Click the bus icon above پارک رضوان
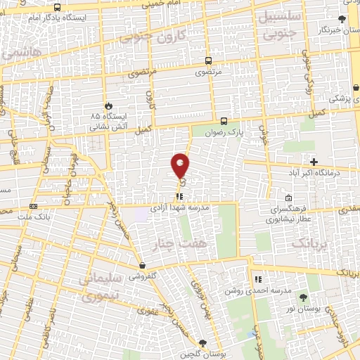[x=224, y=120]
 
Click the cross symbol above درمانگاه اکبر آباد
[x=314, y=162]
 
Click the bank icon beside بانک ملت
[x=33, y=206]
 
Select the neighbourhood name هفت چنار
[x=172, y=243]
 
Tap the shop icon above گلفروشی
[x=143, y=266]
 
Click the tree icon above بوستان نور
[x=304, y=299]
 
